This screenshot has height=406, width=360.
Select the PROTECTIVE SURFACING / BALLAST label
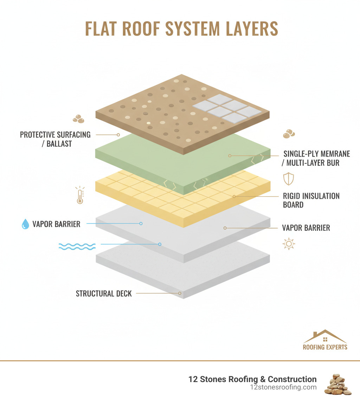coord(55,139)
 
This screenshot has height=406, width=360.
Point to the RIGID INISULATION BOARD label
coord(311,200)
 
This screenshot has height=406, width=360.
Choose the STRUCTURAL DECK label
coord(104,293)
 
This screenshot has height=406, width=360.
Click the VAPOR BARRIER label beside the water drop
coord(56,224)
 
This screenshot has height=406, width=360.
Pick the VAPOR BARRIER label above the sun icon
coord(306,228)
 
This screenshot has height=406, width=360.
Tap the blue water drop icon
coord(25,224)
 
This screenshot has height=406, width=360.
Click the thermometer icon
coord(79,195)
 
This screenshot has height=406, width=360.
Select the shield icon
coord(288,179)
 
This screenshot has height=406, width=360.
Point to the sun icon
coord(288,244)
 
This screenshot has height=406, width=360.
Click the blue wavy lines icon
coord(77,246)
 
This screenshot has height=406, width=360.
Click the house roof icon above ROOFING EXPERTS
coord(325,337)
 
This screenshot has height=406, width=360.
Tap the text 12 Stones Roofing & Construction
coord(252,379)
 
